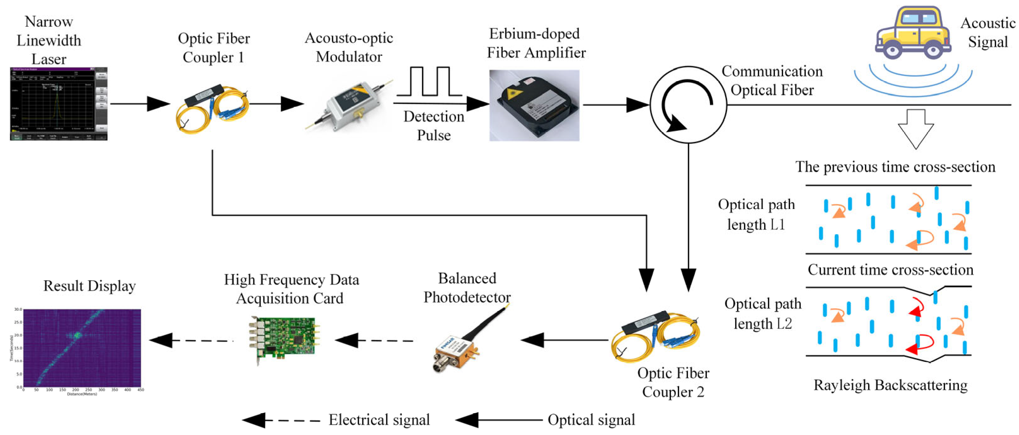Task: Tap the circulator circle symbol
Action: coord(688,105)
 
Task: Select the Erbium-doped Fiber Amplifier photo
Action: coord(534,105)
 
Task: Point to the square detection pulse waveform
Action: coord(429,82)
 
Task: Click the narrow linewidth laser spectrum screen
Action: coord(59,104)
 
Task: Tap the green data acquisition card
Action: coord(284,339)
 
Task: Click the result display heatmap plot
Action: coord(82,347)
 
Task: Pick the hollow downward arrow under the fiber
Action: coord(915,129)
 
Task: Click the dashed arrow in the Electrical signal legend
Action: coord(281,420)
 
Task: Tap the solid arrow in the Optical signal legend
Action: coord(498,420)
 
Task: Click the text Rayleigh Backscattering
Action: coord(890,385)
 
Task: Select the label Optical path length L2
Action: coord(762,314)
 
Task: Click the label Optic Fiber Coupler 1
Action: coord(214,48)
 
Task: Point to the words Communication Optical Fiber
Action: coord(772,81)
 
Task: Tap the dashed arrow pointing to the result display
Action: coord(190,340)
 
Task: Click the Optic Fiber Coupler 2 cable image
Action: coord(655,336)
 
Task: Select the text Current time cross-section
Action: coord(890,270)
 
